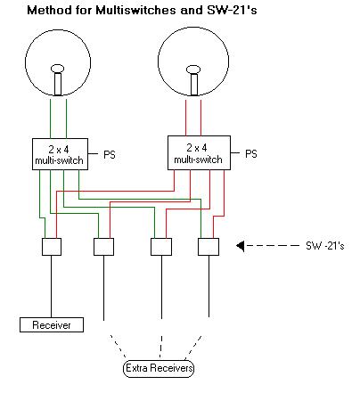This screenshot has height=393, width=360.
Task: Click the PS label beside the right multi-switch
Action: [x=250, y=153]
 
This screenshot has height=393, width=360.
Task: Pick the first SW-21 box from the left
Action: [x=50, y=246]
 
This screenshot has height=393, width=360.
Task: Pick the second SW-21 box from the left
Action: [x=104, y=246]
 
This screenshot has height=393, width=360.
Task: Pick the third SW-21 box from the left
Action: [x=160, y=246]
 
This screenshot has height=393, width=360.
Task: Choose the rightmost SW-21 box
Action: [x=209, y=246]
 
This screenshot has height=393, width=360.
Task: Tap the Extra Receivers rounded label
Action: [x=158, y=368]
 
